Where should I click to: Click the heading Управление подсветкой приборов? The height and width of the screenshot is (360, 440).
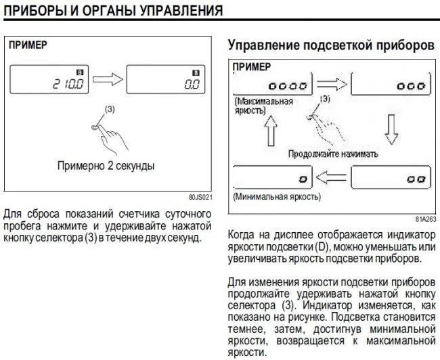coord(330,46)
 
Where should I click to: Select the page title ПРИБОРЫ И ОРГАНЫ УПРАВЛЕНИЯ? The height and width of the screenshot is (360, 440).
coord(113,10)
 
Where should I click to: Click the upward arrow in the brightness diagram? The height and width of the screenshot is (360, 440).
coord(270,129)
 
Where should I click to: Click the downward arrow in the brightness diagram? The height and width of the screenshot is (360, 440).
coord(391,129)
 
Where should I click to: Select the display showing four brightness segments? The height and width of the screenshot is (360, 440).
coord(288,87)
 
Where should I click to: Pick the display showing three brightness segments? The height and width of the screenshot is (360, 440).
coord(410,87)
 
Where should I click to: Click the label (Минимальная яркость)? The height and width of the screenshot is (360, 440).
coord(277,199)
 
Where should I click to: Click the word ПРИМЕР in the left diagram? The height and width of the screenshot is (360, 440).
coord(28,47)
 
